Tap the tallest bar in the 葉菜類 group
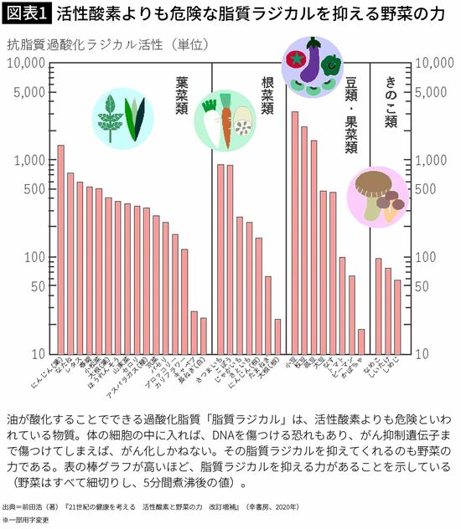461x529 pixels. point(60,249)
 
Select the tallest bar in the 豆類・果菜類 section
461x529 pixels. point(294,232)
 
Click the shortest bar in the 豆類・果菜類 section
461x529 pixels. point(361,341)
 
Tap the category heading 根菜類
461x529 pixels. point(267,95)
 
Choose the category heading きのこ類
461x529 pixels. point(391,100)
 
